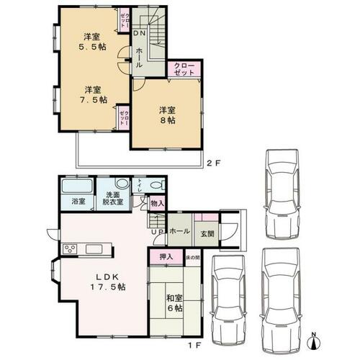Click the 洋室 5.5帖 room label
tap(91, 42)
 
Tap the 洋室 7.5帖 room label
tap(91, 95)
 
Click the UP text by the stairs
tap(156, 231)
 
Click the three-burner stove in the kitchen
tap(72, 249)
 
